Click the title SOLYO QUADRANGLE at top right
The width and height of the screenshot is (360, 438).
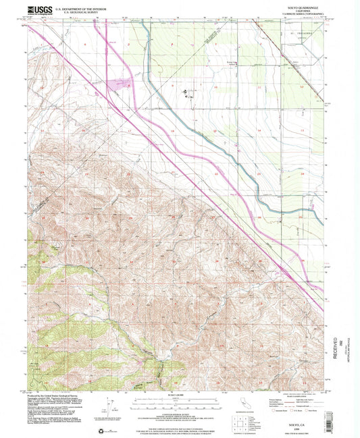[294, 8]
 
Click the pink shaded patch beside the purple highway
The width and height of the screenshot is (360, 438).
[124, 84]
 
